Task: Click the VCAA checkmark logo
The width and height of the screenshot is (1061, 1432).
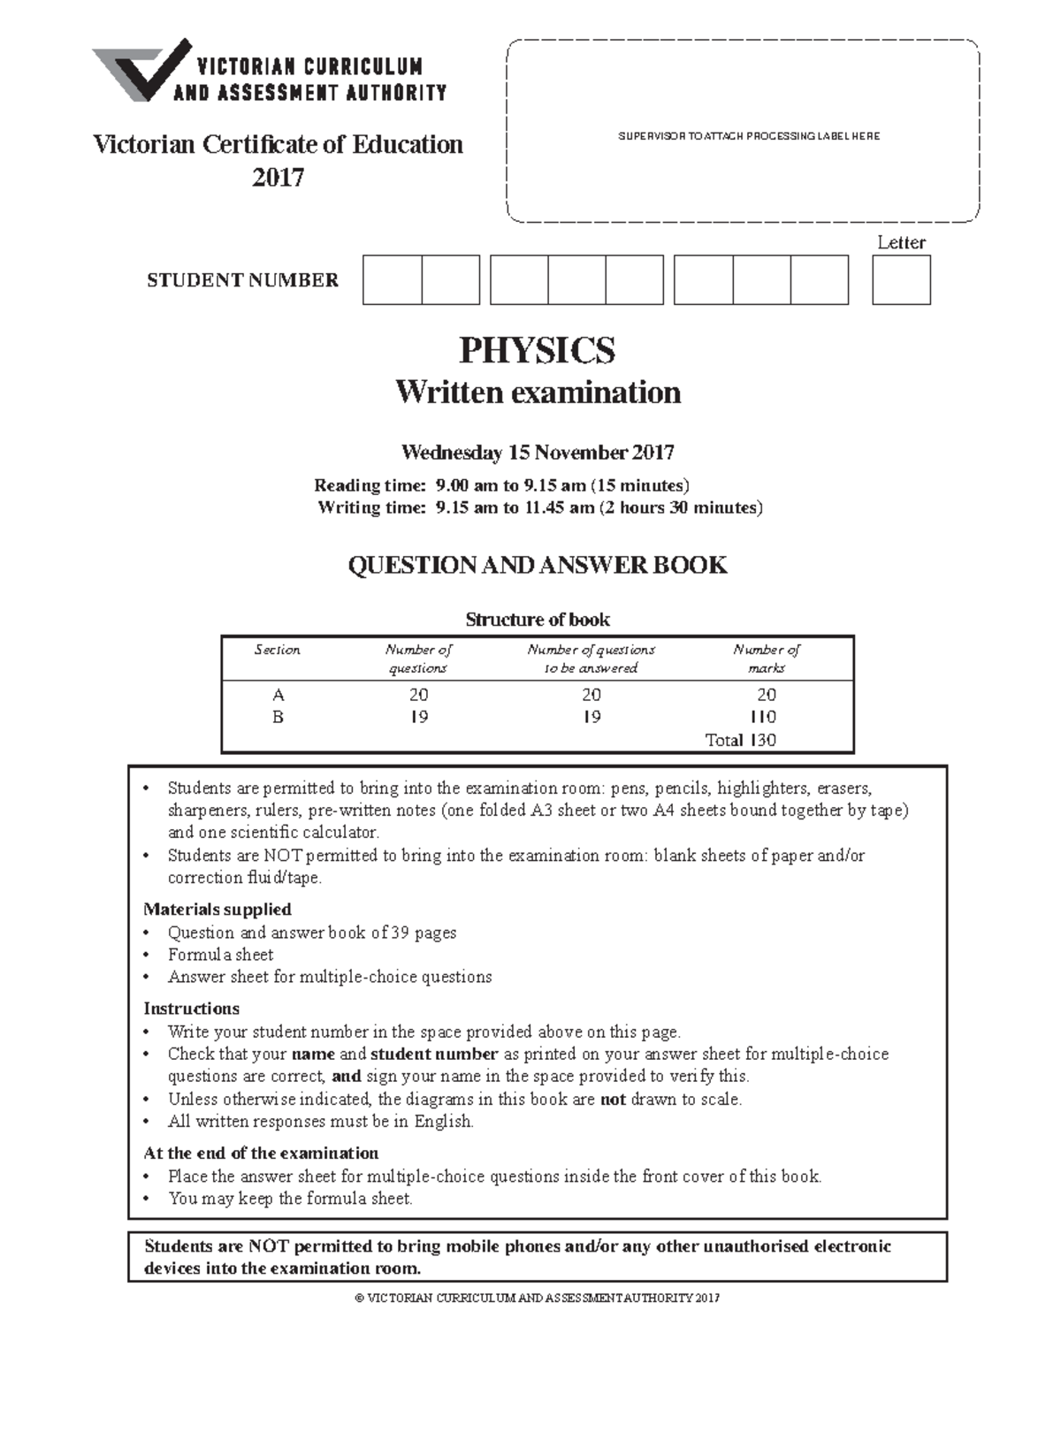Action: click(141, 71)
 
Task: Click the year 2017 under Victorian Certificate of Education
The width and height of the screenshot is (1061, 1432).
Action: click(278, 178)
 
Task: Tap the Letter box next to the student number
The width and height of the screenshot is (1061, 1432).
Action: click(901, 280)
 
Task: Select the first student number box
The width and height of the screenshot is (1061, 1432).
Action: click(392, 280)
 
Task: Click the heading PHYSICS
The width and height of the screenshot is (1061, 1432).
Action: click(537, 351)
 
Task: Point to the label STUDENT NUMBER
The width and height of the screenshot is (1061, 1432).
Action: click(242, 280)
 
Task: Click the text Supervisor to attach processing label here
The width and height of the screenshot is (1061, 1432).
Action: click(748, 136)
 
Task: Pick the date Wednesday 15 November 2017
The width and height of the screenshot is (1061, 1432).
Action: click(537, 453)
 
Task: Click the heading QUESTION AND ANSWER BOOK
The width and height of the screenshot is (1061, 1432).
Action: click(537, 566)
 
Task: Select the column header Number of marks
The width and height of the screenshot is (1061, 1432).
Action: click(766, 659)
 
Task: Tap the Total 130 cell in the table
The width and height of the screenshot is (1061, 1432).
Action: click(740, 740)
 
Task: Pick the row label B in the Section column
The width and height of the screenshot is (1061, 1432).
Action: click(278, 717)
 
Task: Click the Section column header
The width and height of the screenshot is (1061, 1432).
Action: click(278, 650)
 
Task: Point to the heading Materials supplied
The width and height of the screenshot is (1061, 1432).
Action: click(218, 909)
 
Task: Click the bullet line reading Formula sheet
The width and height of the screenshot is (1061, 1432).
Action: click(221, 955)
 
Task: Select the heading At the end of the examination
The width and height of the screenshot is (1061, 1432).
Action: click(261, 1153)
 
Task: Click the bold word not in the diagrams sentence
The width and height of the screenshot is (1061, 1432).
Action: click(613, 1099)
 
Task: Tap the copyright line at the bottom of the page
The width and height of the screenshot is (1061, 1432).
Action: click(537, 1299)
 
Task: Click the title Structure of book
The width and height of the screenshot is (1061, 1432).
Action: click(537, 620)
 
